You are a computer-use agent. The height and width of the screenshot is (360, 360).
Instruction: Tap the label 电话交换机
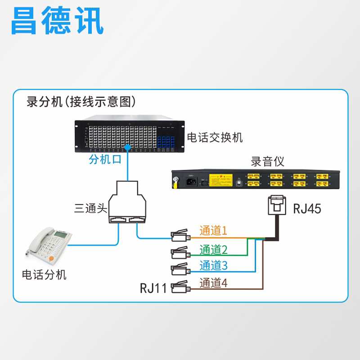[215, 137]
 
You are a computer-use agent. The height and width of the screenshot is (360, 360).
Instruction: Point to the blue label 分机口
[105, 160]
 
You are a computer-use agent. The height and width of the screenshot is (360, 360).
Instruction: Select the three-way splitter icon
[128, 202]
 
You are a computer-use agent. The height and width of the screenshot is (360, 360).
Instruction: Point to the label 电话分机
[45, 274]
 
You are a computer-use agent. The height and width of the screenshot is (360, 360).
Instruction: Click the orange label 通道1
[213, 231]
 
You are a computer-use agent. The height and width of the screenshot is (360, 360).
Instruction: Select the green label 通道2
[213, 249]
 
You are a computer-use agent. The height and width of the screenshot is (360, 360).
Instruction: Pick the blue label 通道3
[213, 265]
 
